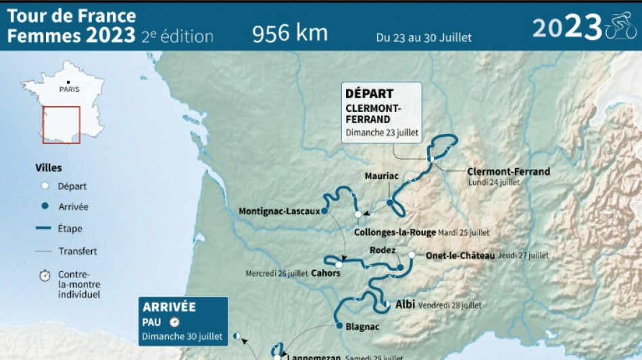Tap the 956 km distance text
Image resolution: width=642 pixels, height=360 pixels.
click(x=290, y=33)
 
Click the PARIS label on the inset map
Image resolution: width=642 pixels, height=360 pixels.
click(x=68, y=89)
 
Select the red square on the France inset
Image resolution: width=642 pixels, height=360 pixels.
click(x=61, y=124)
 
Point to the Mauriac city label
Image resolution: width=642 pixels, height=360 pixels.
click(x=382, y=176)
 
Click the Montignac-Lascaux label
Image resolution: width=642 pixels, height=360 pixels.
click(x=279, y=211)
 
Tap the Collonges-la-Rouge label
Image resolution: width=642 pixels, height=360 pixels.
click(x=395, y=232)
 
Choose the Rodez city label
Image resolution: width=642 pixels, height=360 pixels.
click(x=382, y=251)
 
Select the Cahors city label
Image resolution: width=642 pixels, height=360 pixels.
click(x=326, y=274)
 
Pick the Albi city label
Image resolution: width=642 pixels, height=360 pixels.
click(x=405, y=305)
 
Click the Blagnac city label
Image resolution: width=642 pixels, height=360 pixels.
click(x=362, y=327)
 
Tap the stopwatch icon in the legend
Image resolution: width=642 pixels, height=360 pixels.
click(x=45, y=276)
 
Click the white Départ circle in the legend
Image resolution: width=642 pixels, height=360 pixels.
click(x=45, y=186)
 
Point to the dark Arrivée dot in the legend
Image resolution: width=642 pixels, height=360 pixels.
click(x=45, y=207)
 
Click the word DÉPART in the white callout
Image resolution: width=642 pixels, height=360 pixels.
click(x=369, y=94)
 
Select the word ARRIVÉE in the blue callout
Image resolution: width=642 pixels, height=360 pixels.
click(x=169, y=307)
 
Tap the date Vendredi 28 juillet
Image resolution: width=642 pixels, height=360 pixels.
click(x=450, y=305)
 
